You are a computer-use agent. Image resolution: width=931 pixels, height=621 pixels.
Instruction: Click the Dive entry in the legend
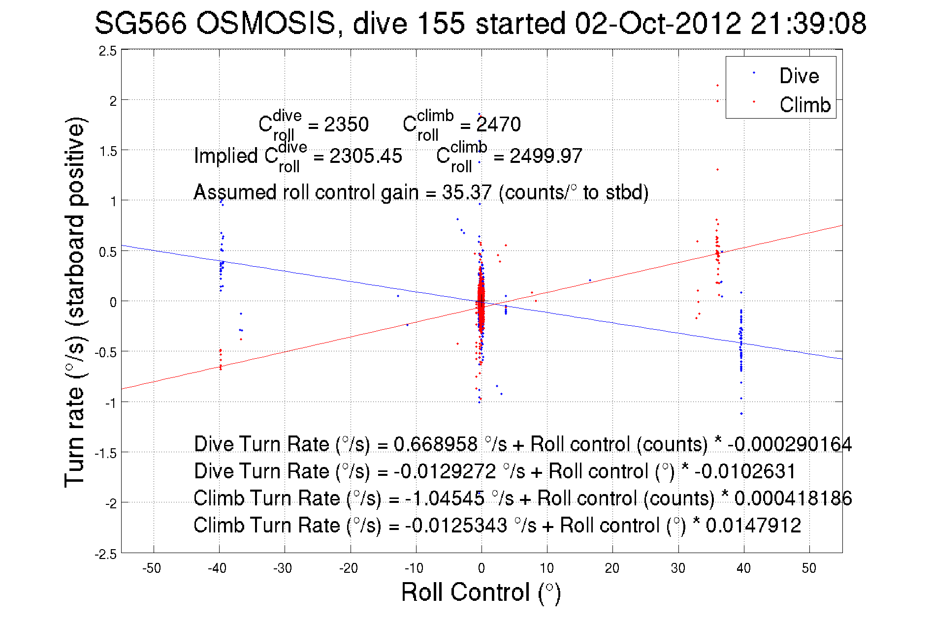click(x=799, y=76)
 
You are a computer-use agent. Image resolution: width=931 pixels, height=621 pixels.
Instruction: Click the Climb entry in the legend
click(x=804, y=105)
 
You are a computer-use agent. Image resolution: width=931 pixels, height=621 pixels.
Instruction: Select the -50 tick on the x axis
click(x=152, y=568)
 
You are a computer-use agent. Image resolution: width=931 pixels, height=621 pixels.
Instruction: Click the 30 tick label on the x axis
click(x=678, y=568)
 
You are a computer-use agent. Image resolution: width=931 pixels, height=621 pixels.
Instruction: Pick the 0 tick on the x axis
click(x=482, y=568)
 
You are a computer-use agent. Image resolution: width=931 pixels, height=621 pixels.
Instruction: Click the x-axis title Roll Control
click(x=481, y=592)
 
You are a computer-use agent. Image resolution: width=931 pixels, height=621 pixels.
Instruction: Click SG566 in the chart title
click(x=141, y=24)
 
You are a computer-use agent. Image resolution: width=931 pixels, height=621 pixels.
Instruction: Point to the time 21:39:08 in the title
click(x=808, y=24)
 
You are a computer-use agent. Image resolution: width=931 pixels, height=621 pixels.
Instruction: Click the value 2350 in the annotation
click(x=346, y=124)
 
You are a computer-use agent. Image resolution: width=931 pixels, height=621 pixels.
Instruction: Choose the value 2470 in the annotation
click(x=498, y=124)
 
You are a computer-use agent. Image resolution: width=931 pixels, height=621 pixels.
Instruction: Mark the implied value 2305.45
click(x=366, y=156)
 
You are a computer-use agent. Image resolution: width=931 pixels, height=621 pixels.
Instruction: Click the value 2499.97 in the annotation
click(x=546, y=156)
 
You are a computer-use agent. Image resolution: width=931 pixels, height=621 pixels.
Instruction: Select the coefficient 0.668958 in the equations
click(x=435, y=444)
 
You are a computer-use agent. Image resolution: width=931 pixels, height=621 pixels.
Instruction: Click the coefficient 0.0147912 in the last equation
click(x=753, y=526)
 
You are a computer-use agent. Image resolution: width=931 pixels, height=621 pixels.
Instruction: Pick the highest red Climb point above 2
click(x=717, y=86)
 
